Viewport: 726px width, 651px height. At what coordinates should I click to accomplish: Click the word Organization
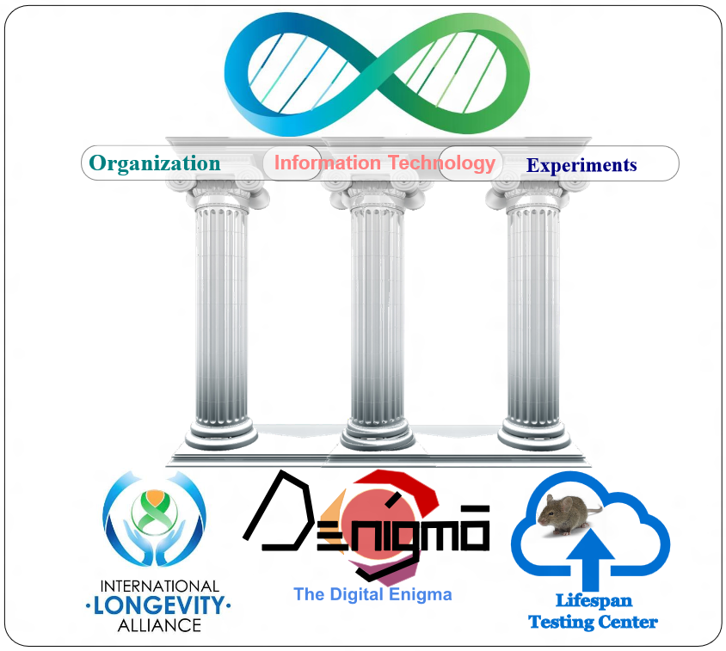point(155,164)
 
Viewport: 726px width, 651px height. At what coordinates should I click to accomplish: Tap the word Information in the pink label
point(328,163)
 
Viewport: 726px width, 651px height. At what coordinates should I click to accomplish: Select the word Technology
point(442,163)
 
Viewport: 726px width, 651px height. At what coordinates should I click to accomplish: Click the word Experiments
point(581,165)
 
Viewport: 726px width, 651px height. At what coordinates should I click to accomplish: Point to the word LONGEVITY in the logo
point(159,605)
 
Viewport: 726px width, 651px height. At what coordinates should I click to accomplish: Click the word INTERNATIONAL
point(160,587)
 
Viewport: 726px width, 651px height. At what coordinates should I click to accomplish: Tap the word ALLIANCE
point(159,625)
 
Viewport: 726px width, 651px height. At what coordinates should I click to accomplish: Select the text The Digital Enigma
point(372,594)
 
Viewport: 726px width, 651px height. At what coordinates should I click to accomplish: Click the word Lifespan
point(594,601)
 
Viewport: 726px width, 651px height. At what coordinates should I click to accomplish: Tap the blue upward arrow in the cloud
point(590,559)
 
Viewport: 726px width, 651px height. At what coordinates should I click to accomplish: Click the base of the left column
point(221,434)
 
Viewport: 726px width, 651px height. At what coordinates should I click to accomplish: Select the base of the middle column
point(378,434)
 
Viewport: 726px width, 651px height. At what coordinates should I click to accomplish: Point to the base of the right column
point(534,434)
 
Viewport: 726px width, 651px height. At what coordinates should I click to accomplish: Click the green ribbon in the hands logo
point(155,513)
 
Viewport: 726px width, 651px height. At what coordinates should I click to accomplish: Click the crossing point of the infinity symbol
point(377,75)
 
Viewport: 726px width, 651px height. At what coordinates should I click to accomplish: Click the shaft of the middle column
point(378,314)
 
